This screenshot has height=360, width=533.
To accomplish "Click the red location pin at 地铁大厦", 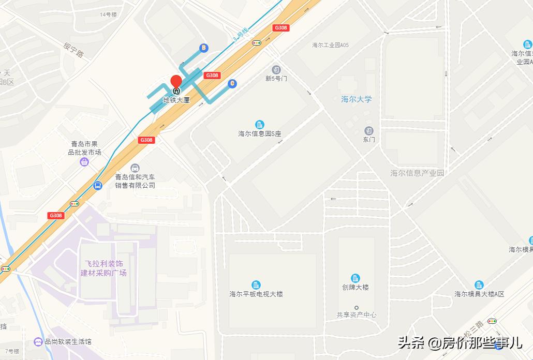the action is pyautogui.click(x=176, y=82).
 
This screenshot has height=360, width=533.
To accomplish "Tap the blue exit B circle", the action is pyautogui.click(x=204, y=48).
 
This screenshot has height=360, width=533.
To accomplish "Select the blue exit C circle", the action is pyautogui.click(x=232, y=83).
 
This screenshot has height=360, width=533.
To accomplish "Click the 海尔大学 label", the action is pyautogui.click(x=356, y=99).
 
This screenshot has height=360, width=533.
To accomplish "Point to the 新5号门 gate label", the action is pyautogui.click(x=276, y=79).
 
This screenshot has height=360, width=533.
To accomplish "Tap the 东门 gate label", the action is pyautogui.click(x=368, y=140).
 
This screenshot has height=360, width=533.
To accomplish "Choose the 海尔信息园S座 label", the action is pyautogui.click(x=259, y=133).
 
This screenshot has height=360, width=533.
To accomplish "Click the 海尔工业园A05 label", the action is pyautogui.click(x=330, y=45).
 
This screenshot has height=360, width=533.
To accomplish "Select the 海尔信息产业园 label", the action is pyautogui.click(x=417, y=173).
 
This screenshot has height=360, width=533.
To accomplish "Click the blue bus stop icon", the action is pyautogui.click(x=97, y=185).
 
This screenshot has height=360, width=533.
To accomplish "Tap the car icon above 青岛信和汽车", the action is pyautogui.click(x=135, y=168).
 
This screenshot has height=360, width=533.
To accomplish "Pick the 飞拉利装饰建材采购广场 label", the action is pyautogui.click(x=103, y=268).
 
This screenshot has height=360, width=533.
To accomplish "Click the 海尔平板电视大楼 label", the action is pyautogui.click(x=256, y=294).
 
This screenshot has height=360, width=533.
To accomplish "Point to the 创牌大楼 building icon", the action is pyautogui.click(x=356, y=278).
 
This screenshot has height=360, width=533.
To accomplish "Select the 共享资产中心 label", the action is pyautogui.click(x=356, y=314).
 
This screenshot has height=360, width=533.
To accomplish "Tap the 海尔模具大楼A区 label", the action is pyautogui.click(x=479, y=294).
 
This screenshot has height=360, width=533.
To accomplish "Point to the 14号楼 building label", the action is pyautogui.click(x=109, y=14).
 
